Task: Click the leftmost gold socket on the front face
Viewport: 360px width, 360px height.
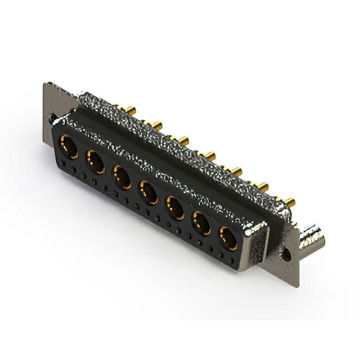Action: click(x=68, y=148)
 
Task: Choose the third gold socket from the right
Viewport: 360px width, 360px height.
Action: click(x=175, y=208)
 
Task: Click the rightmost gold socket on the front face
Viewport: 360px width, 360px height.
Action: click(x=228, y=238)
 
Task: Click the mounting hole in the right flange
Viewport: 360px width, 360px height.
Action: click(x=287, y=253)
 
